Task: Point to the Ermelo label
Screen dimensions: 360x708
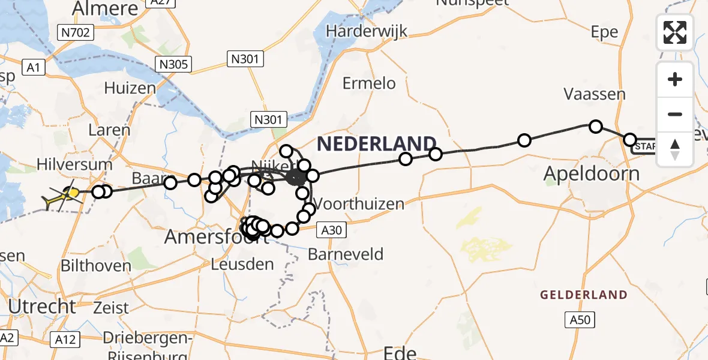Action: click(369, 83)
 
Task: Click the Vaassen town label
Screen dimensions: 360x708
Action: click(594, 94)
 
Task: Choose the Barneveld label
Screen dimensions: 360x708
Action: click(346, 254)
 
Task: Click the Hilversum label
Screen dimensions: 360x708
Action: click(74, 164)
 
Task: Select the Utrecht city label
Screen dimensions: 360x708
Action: click(42, 307)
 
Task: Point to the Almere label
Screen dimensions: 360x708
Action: click(105, 8)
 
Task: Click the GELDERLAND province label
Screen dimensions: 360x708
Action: click(583, 295)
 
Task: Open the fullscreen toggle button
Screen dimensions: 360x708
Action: click(675, 32)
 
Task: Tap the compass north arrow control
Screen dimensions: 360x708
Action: click(675, 148)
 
